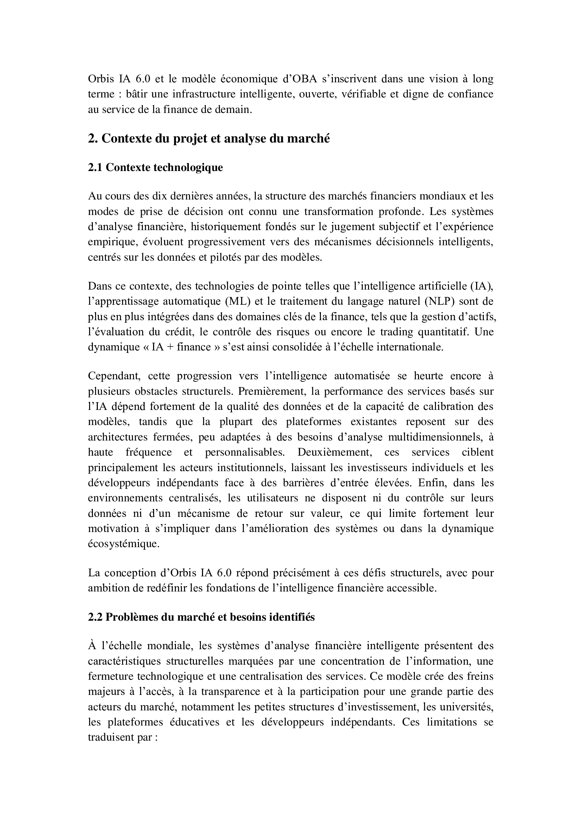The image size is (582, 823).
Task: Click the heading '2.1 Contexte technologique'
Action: [155, 167]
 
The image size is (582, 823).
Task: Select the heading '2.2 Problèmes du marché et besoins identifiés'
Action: [201, 617]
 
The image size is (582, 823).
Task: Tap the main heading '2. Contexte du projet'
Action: [209, 138]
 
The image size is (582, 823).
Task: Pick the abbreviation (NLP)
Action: [439, 301]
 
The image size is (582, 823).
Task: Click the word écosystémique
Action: [123, 543]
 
